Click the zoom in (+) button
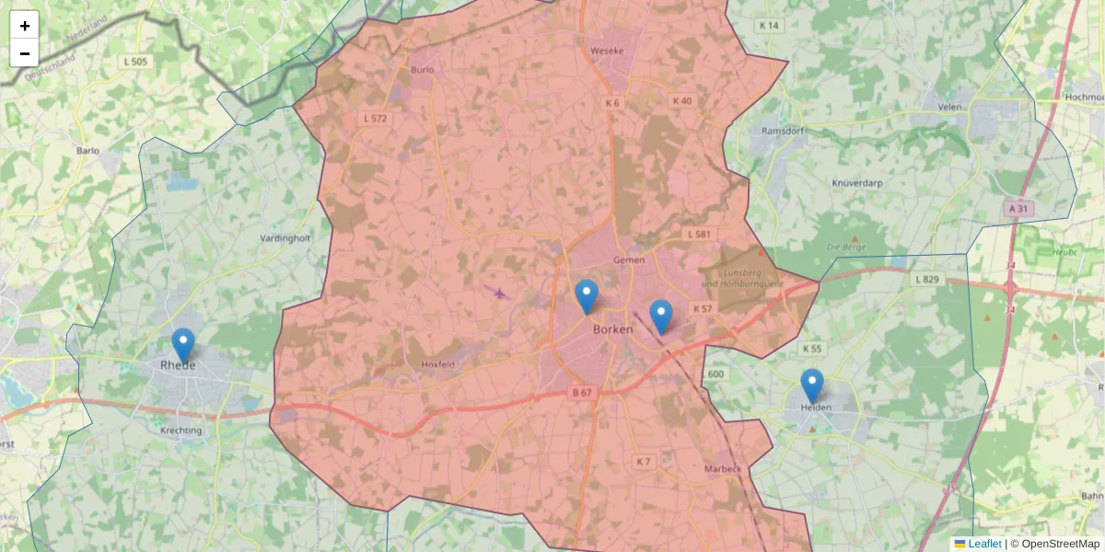coord(25,26)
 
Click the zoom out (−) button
coord(25,53)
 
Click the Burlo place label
coord(423,69)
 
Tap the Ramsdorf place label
coord(783,131)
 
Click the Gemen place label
coord(629,260)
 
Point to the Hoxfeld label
coord(438,364)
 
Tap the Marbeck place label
coord(722,469)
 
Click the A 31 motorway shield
coord(1018,209)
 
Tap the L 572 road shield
coord(376,119)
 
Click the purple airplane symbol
coord(499,293)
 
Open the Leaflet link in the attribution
coord(983,544)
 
